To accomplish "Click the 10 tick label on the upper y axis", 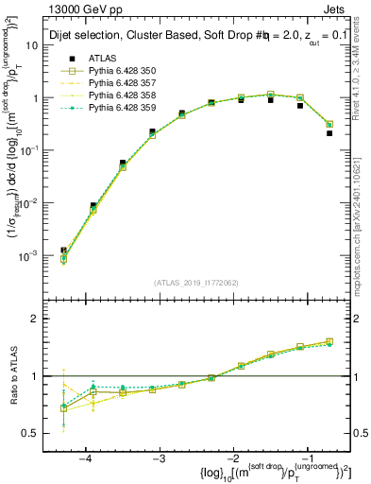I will [42, 45].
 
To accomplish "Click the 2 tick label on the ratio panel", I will [43, 319].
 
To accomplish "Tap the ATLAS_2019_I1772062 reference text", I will [196, 283].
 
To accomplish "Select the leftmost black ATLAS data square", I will [63, 251].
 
